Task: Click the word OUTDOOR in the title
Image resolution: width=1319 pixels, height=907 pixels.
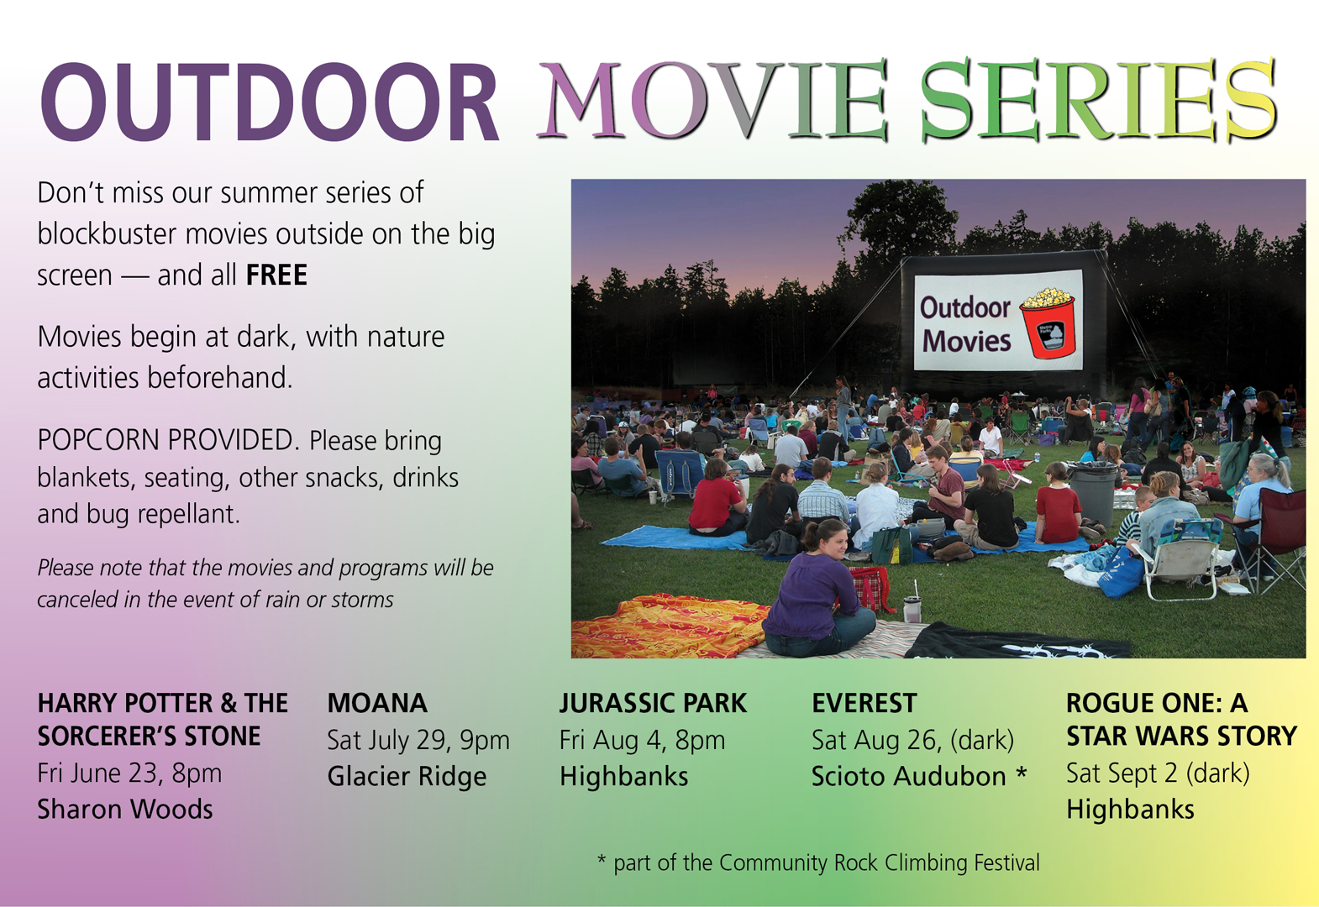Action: click(270, 102)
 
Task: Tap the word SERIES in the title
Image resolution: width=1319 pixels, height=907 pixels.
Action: click(1099, 100)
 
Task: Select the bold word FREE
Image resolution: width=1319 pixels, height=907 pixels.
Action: click(276, 275)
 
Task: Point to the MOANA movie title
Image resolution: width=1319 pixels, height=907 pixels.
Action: click(377, 703)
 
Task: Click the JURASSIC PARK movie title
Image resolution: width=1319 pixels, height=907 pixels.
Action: click(653, 703)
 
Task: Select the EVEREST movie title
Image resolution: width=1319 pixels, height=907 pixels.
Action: click(864, 703)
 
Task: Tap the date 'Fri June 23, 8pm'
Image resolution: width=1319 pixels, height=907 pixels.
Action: click(129, 773)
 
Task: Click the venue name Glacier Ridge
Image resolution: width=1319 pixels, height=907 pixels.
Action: click(407, 776)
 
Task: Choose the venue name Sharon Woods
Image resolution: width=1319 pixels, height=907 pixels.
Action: click(125, 810)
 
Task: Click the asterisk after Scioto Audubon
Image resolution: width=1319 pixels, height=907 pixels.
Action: click(1021, 772)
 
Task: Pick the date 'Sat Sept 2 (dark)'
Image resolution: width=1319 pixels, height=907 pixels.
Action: click(1158, 773)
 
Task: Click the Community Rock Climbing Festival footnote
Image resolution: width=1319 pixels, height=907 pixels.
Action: click(819, 862)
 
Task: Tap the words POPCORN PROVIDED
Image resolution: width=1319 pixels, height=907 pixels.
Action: click(166, 440)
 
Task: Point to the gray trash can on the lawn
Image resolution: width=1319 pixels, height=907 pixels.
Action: click(1093, 493)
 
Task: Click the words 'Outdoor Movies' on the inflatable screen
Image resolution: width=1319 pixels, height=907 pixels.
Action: click(965, 324)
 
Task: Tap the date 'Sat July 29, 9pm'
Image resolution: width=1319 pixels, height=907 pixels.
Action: click(418, 741)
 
